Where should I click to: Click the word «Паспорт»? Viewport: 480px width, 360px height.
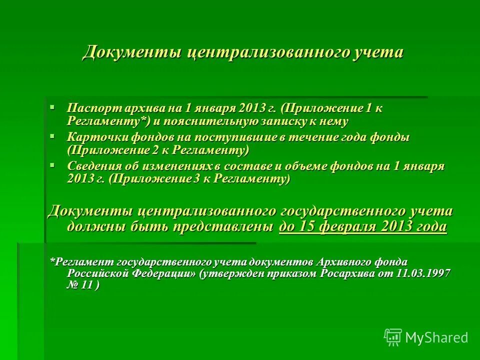coord(88,108)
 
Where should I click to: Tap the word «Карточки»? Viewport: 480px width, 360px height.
coord(92,137)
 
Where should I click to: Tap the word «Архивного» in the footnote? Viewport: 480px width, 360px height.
coord(340,262)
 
